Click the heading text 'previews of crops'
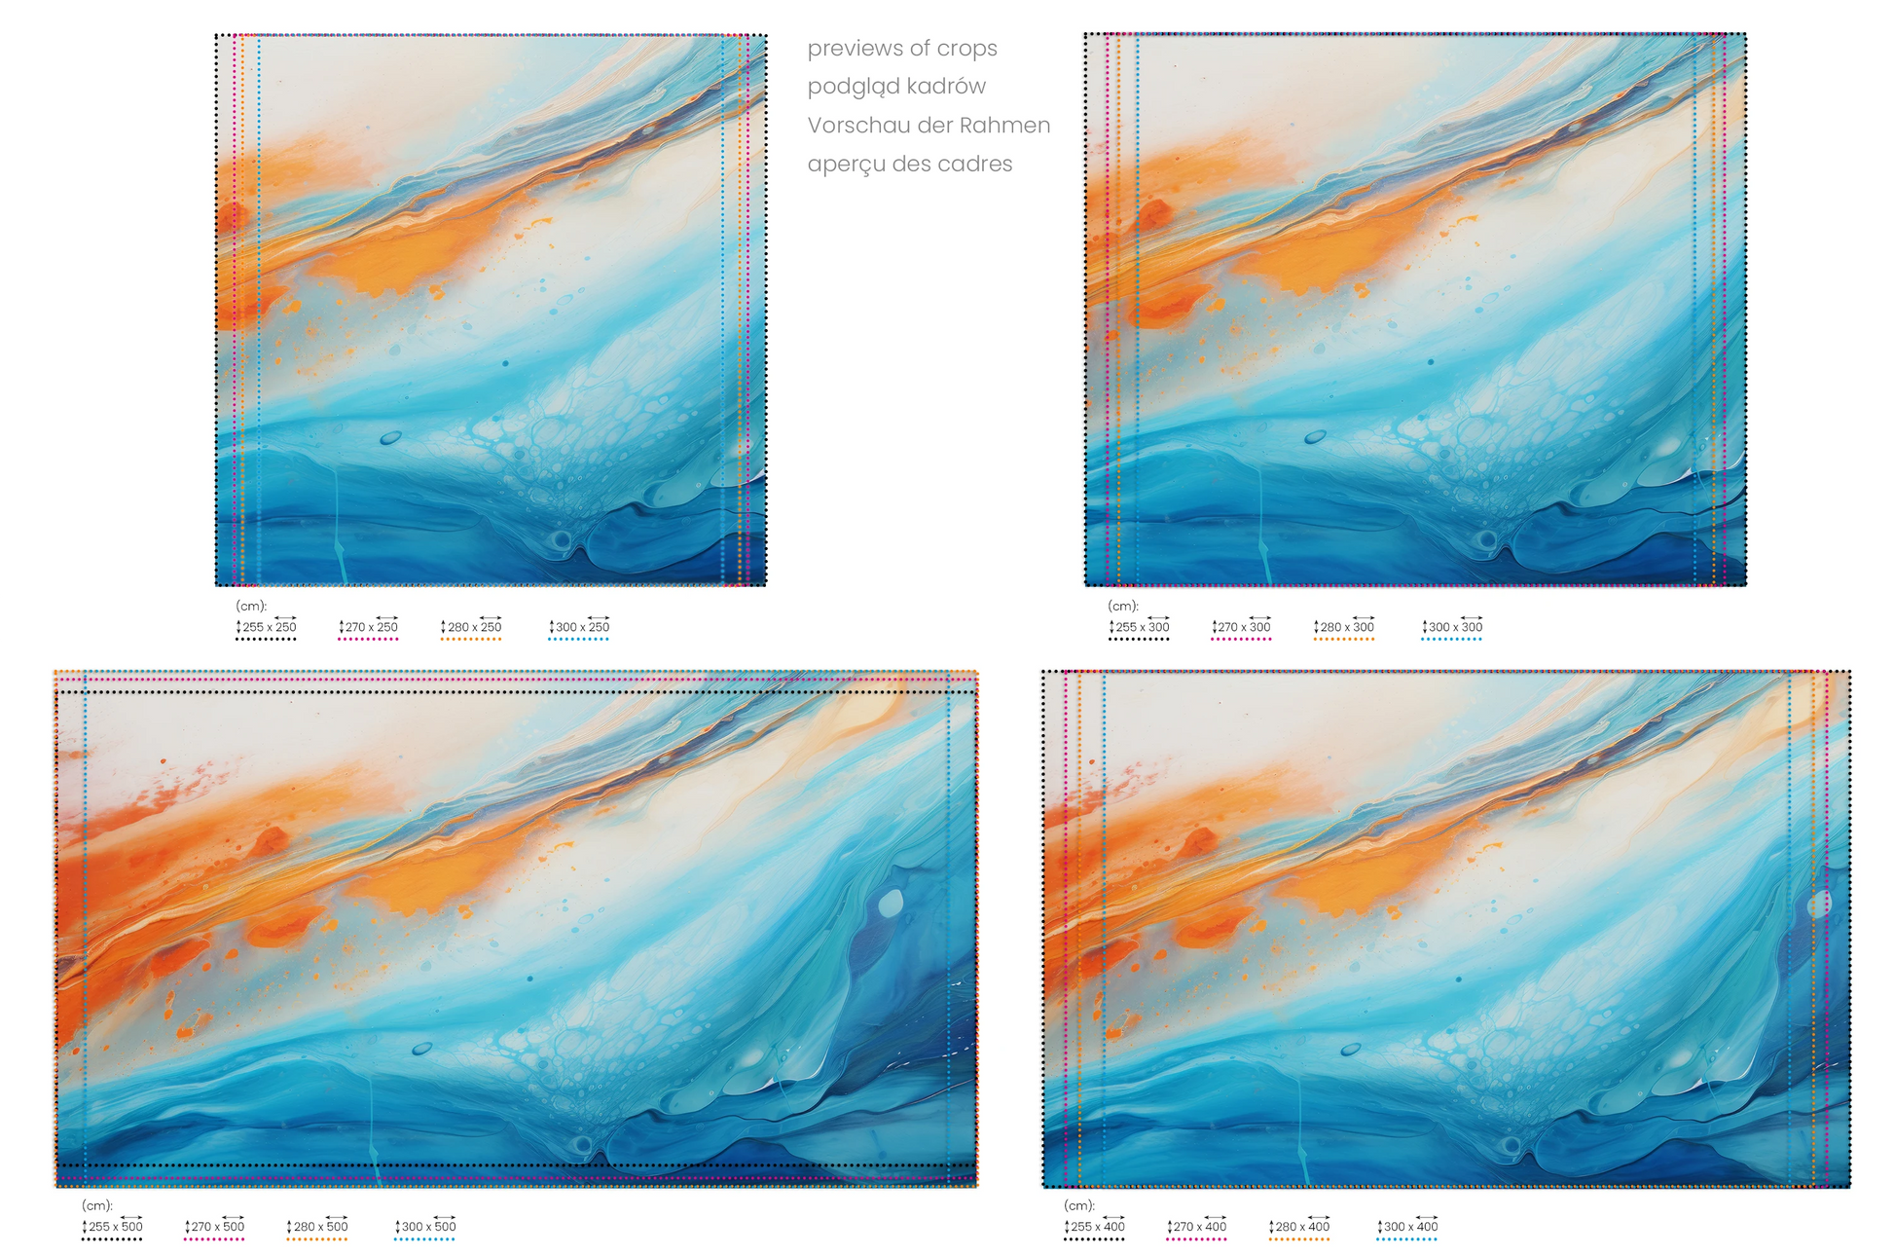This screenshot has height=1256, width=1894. click(902, 49)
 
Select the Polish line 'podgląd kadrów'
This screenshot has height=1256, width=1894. click(896, 87)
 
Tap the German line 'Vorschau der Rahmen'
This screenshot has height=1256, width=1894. click(929, 126)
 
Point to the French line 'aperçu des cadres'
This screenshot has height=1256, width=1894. click(910, 165)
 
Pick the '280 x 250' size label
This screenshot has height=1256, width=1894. click(474, 627)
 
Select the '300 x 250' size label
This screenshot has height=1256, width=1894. click(582, 627)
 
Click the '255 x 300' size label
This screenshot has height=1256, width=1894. click(1142, 627)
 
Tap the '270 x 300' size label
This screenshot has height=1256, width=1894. click(1244, 627)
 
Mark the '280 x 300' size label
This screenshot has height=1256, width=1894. click(1347, 627)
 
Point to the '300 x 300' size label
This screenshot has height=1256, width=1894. click(1455, 627)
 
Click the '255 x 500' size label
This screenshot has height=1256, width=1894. click(115, 1227)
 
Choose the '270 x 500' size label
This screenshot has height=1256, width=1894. click(217, 1227)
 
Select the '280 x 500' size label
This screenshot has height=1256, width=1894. click(320, 1227)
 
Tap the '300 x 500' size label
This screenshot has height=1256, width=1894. click(428, 1227)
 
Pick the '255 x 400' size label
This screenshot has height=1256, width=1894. click(1097, 1227)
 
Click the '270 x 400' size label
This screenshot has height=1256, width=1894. click(1199, 1227)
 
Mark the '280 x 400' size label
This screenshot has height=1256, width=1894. click(1302, 1227)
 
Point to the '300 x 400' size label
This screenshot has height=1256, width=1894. click(1410, 1227)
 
